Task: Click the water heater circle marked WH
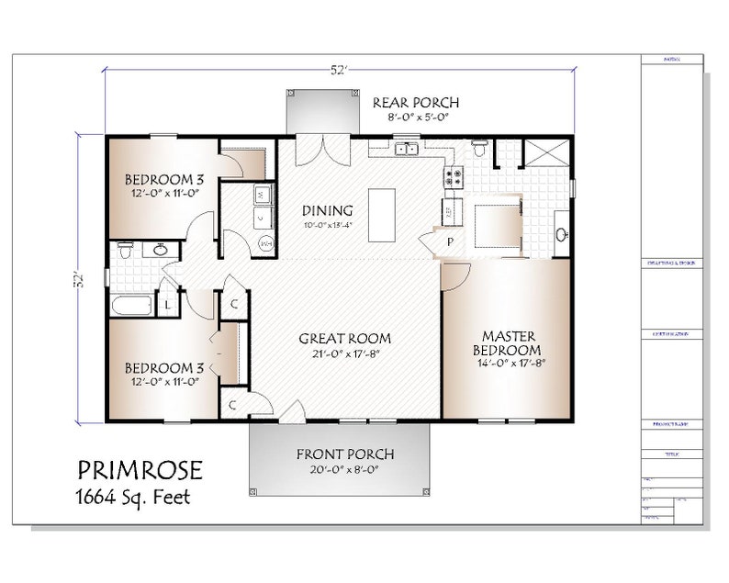(x=266, y=243)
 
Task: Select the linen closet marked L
(x=170, y=302)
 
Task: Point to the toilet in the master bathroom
(x=478, y=147)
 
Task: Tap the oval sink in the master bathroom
(x=561, y=233)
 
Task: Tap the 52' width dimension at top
(x=340, y=68)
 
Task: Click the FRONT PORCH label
(x=344, y=454)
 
